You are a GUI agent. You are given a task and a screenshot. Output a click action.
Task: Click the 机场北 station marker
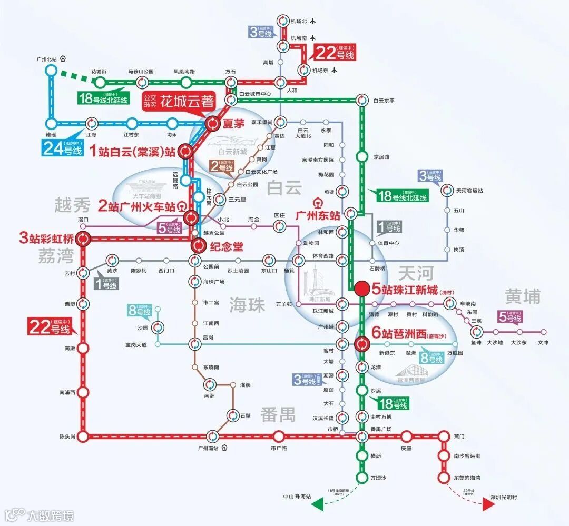click(283, 22)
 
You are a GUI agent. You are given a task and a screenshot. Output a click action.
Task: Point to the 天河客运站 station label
click(469, 191)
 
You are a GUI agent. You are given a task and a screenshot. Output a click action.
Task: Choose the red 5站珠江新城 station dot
click(362, 289)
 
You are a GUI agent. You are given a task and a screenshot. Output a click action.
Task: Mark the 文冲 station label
click(543, 343)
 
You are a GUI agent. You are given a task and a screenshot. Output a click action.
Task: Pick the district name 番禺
click(277, 414)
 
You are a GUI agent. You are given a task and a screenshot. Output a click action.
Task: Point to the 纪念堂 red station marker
click(199, 245)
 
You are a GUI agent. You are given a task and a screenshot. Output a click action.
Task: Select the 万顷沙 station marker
click(362, 478)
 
